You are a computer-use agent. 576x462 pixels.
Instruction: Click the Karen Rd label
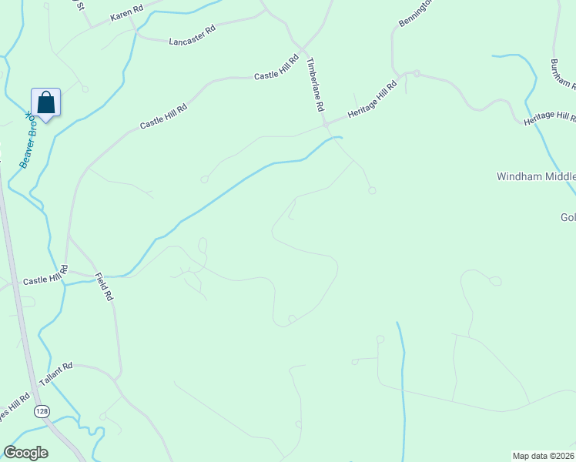coord(127,15)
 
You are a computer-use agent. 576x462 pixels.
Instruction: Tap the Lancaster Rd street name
coord(193,35)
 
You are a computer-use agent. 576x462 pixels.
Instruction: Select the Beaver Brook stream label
coord(32,139)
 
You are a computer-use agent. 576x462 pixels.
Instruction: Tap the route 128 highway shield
coord(42,412)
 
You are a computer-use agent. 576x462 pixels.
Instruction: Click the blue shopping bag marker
coord(45,102)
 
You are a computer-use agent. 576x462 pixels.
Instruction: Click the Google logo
coord(26,453)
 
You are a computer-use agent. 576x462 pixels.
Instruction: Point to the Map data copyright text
coord(544,455)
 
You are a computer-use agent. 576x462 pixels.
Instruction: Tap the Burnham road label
coord(563,74)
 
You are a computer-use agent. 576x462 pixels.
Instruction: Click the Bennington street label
coord(412,14)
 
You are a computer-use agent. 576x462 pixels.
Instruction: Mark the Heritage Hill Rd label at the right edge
coord(550,119)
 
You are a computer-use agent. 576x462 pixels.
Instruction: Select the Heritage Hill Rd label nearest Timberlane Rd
coord(372,99)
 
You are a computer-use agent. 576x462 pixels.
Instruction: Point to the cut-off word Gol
coord(568,218)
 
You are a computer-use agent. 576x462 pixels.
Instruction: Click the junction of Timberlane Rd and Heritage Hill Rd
coord(326,123)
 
